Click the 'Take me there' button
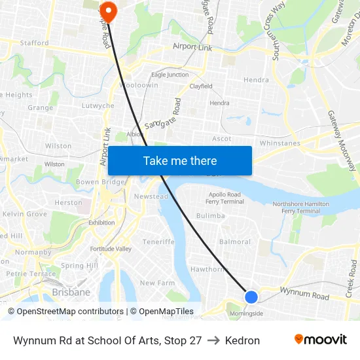click(x=180, y=161)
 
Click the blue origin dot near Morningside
click(x=251, y=297)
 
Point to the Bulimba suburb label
click(x=210, y=215)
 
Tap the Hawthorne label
click(x=208, y=269)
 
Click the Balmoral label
click(x=235, y=242)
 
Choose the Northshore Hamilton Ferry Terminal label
click(x=300, y=207)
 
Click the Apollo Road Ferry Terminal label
click(x=225, y=198)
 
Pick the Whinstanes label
click(x=279, y=143)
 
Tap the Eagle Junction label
click(x=170, y=75)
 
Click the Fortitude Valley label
click(x=111, y=249)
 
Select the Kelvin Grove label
click(x=25, y=214)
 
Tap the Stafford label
click(x=34, y=43)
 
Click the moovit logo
click(x=321, y=339)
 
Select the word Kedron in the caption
click(x=242, y=340)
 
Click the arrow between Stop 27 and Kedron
click(x=213, y=340)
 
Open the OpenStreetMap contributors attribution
click(x=70, y=312)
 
